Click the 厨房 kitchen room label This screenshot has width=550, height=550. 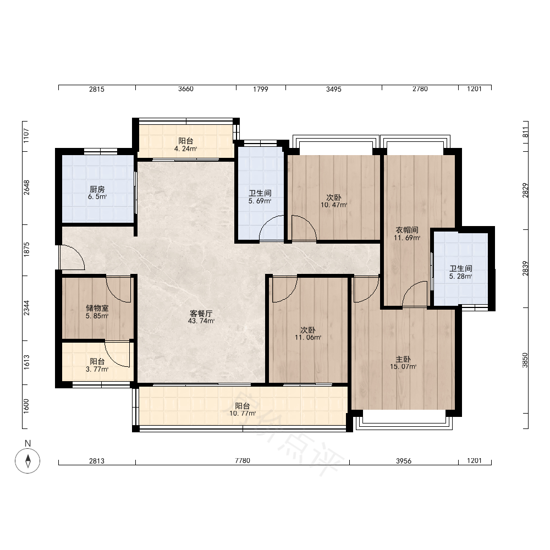coord(97,189)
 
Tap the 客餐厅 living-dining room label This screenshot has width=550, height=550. coord(201,313)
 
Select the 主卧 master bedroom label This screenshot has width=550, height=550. coord(403,360)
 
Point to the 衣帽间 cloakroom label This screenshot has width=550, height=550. coord(407,230)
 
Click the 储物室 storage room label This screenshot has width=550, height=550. coord(97,308)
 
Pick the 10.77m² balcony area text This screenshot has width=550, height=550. coord(243,414)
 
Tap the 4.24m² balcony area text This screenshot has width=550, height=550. coord(185,148)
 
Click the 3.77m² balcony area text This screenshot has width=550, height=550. coord(97,369)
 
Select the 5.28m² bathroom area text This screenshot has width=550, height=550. coord(460,277)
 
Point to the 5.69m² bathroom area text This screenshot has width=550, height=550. coord(260,201)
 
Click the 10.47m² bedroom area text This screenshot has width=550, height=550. coord(334,205)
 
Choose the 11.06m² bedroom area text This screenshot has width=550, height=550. coord(308,338)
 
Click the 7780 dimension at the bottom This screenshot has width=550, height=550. coord(243,460)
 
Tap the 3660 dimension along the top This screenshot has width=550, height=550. coord(185,89)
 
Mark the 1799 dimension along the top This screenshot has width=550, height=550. coord(261,89)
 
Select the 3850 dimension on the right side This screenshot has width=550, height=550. coord(525,360)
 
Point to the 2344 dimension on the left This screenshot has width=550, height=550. coord(26,308)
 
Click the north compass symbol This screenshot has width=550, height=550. coord(28,460)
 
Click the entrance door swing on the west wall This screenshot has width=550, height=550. coord(72,257)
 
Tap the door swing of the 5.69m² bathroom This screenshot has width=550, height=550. coord(272,228)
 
